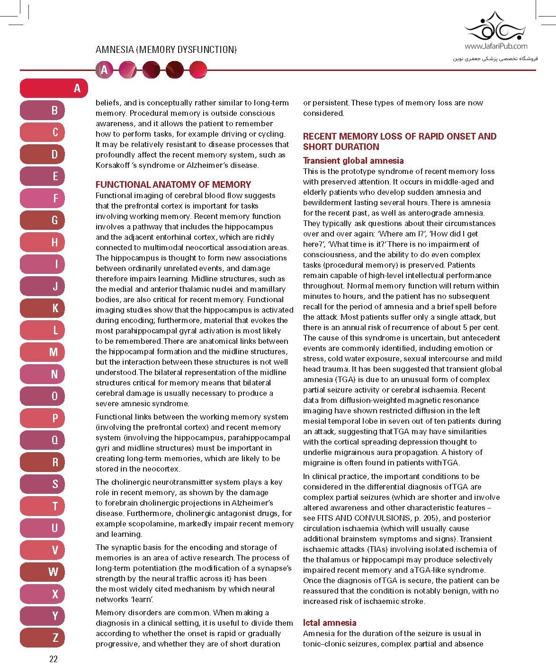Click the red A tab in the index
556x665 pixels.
tap(54, 88)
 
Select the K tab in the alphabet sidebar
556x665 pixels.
tap(54, 308)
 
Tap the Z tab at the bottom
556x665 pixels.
tap(54, 638)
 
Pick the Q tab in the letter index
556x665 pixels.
tap(54, 440)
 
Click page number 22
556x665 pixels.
tap(53, 658)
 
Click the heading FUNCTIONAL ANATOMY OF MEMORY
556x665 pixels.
tap(173, 184)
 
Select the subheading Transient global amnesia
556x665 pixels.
tap(353, 160)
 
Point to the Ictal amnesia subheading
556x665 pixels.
tap(330, 622)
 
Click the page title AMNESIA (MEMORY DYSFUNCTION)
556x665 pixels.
tap(166, 50)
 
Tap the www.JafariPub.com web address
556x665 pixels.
tap(496, 46)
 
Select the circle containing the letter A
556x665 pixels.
tap(104, 70)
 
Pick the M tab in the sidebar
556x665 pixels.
tap(54, 352)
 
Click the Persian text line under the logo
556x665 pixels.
tap(496, 59)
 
